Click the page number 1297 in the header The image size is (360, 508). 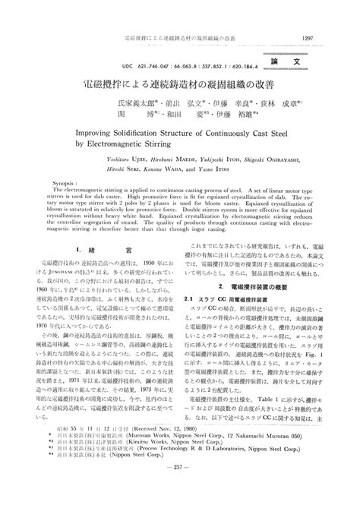[x=306, y=16]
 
